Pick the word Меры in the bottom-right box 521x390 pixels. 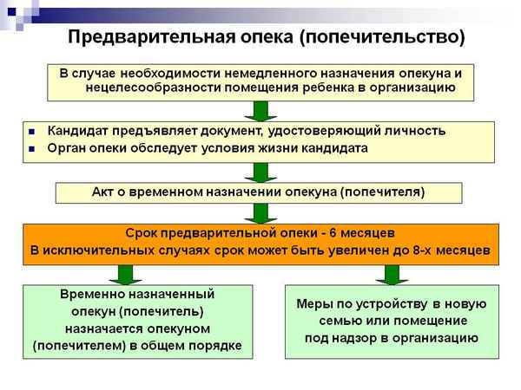click(x=313, y=304)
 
